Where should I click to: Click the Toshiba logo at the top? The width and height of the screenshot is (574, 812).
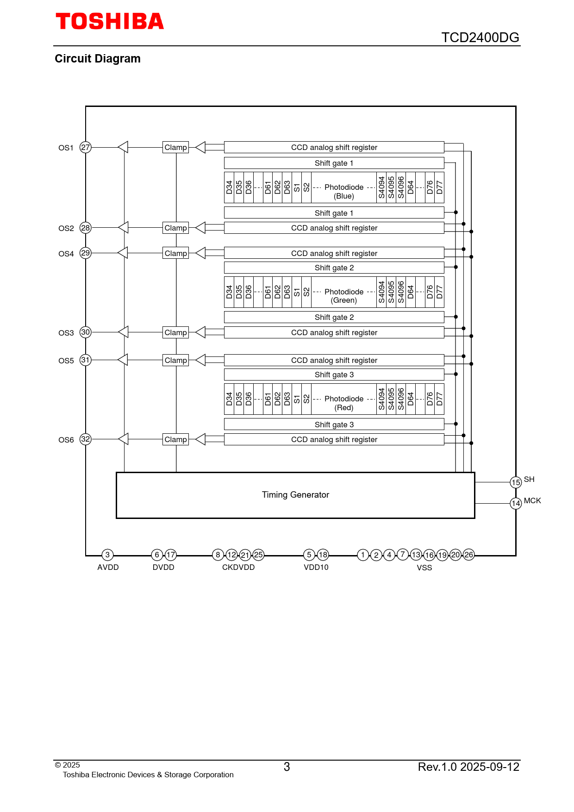tap(110, 22)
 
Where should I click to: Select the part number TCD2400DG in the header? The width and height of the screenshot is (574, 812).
tap(480, 37)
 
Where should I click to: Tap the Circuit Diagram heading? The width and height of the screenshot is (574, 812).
tap(98, 59)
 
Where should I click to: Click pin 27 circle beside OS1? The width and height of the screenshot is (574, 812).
tap(86, 147)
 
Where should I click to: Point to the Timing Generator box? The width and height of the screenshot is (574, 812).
tap(295, 495)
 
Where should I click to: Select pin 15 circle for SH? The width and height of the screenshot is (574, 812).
tap(516, 482)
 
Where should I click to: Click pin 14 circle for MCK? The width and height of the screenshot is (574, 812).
tap(516, 503)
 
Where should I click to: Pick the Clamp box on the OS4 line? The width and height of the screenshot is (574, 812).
tap(176, 253)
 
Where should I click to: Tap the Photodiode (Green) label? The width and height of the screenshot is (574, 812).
tap(344, 296)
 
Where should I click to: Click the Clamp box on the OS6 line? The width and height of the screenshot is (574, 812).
tap(176, 439)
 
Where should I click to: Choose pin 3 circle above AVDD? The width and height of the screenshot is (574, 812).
tap(107, 555)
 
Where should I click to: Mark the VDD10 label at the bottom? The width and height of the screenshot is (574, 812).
tap(316, 568)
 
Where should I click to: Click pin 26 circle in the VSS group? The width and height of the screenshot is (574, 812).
tap(469, 555)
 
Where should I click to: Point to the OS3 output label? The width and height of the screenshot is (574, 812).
tap(66, 333)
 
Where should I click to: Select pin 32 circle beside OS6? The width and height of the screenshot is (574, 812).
tap(86, 439)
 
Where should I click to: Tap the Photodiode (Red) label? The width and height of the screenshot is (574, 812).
tap(344, 403)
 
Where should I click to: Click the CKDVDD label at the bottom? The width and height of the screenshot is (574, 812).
tap(238, 568)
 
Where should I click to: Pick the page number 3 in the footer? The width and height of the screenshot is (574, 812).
tap(287, 767)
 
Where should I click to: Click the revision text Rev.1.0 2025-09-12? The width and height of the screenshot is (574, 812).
tap(468, 767)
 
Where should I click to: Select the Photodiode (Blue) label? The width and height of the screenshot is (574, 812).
tap(344, 191)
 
